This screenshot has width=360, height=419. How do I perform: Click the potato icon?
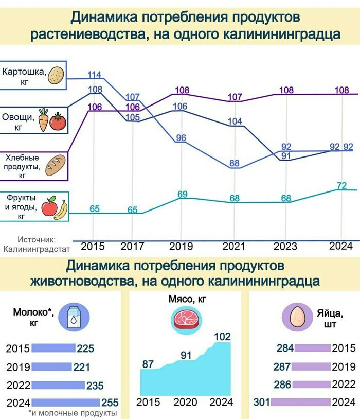coord(56,76)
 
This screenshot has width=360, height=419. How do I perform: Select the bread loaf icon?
coord(56,164)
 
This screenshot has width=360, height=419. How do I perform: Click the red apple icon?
coord(49,207)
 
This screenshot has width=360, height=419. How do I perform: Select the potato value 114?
coord(94,75)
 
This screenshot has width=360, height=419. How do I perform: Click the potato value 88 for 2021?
coord(235,163)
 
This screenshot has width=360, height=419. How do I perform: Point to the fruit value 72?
coord(341,185)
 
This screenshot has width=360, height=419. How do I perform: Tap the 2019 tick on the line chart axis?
coord(181,246)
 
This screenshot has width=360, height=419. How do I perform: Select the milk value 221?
coord(82,368)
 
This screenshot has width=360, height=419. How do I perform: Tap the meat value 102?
coord(222,337)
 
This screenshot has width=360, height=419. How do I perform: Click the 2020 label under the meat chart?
coord(185,401)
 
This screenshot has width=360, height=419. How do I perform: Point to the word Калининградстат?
coord(36,250)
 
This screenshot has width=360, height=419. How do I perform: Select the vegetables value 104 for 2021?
coord(235,121)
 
